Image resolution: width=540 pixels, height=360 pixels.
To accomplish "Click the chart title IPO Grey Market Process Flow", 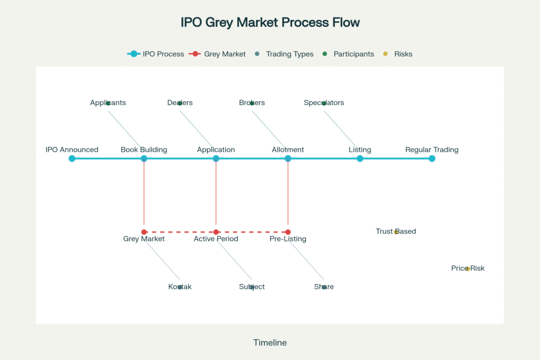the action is pos(270,22).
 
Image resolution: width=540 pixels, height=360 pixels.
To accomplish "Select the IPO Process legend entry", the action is pos(156,54).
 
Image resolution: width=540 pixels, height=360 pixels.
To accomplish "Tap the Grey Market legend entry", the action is pos(217,54).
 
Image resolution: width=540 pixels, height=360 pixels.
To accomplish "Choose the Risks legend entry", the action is pos(398,54).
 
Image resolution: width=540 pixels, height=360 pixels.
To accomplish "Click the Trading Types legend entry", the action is pos(284,54).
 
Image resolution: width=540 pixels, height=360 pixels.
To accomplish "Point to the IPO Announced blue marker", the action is pos(72,158).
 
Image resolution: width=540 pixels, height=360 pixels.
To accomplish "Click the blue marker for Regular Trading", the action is pos(432,158).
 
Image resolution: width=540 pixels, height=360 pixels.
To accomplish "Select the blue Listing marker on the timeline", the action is pos(360,158).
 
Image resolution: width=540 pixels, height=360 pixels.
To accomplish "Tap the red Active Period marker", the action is pos(216,232).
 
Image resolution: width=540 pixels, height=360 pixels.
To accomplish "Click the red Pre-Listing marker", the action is pos(288,232).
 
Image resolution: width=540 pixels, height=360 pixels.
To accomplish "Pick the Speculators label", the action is pos(324,103).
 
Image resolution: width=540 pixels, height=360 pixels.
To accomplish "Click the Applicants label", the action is pos(108,103).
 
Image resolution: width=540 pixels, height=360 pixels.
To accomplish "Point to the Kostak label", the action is pos(180,287).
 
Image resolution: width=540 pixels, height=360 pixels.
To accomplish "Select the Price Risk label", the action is pos(468,268).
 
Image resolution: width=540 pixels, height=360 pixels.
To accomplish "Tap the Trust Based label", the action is pos(396,231).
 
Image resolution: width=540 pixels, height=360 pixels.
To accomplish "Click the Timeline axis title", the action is pos(270,343).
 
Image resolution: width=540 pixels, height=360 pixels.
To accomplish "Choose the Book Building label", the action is pos(144,150).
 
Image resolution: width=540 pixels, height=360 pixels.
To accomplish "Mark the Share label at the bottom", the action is pos(324,287).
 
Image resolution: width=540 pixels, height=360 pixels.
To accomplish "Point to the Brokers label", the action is pos(252,103).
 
